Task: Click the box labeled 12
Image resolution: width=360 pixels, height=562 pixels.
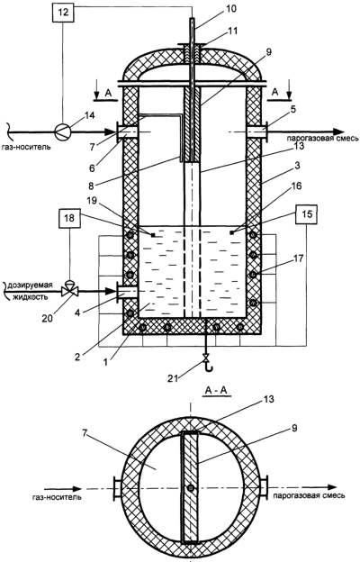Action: (x=63, y=13)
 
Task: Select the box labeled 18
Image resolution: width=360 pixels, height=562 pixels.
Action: (x=69, y=218)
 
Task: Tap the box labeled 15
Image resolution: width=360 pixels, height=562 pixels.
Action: (x=307, y=214)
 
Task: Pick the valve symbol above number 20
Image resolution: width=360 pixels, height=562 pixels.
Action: (x=68, y=290)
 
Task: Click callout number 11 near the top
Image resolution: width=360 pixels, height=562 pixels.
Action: (x=232, y=31)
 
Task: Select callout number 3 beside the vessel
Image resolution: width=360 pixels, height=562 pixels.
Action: (x=297, y=167)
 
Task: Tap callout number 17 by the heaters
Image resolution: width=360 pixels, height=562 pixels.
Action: (x=298, y=258)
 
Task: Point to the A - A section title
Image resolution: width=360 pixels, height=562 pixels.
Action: (x=216, y=391)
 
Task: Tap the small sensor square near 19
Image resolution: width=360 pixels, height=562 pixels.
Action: (x=153, y=235)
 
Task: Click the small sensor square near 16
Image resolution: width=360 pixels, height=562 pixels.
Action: (x=232, y=233)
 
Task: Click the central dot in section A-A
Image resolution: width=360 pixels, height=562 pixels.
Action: (x=191, y=488)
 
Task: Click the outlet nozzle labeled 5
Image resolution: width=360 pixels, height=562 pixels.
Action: (x=256, y=131)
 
